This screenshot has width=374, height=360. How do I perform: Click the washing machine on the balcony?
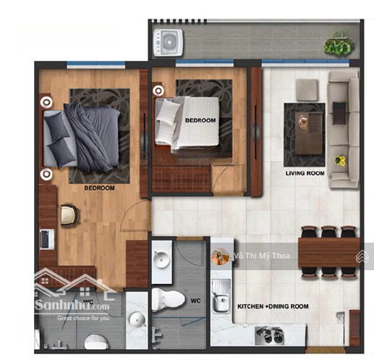click(168, 43)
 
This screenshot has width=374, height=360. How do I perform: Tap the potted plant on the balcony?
click(338, 45)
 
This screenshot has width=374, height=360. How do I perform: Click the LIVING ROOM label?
click(305, 173)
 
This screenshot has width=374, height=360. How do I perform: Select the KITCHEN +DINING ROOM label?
click(273, 306)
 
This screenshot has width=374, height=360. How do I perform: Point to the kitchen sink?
click(221, 296)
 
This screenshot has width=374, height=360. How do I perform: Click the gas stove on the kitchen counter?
click(269, 335)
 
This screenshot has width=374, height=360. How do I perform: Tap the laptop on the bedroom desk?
click(47, 239)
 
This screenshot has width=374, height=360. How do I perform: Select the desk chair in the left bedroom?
click(69, 214)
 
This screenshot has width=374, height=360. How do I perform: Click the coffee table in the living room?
click(309, 133)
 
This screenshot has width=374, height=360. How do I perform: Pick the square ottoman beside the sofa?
click(307, 90)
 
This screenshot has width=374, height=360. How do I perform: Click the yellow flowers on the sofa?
click(340, 161)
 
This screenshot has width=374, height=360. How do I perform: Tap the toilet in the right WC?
click(168, 299)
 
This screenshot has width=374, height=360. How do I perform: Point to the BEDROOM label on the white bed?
click(200, 120)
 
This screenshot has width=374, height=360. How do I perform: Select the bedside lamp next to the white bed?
click(158, 91)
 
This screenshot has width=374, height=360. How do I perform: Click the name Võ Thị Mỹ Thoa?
click(262, 256)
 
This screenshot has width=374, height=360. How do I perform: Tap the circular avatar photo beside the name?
click(220, 256)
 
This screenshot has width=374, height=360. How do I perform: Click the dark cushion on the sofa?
click(339, 113)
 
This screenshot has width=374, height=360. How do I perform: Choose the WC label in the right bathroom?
click(195, 301)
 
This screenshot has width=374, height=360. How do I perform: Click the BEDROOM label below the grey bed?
click(99, 188)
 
